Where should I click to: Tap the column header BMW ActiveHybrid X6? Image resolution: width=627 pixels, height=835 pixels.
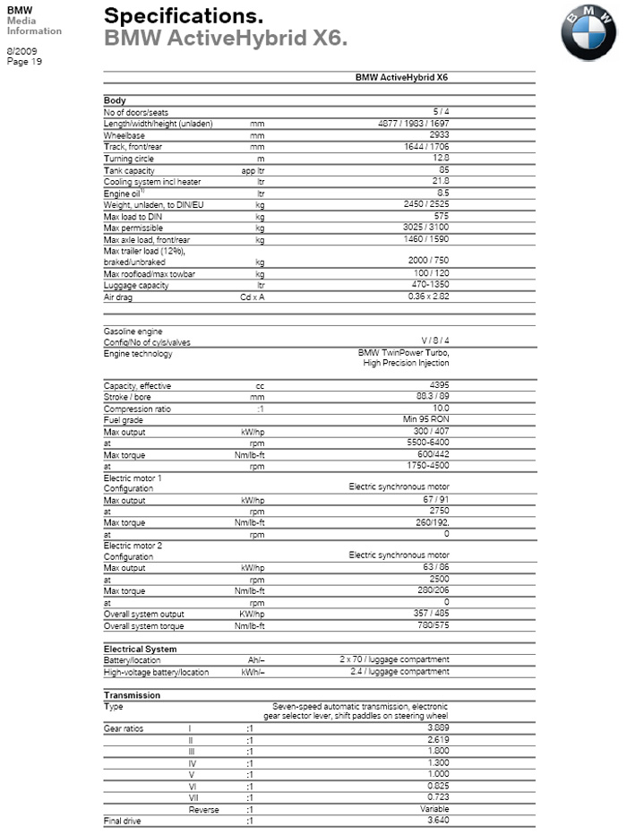tap(401, 78)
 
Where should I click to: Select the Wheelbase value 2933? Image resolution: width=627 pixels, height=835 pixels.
tap(440, 134)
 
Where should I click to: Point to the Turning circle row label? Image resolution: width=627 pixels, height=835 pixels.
tap(129, 158)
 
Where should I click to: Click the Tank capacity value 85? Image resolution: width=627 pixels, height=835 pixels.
tap(443, 169)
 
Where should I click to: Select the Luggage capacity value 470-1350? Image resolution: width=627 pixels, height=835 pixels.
tap(429, 285)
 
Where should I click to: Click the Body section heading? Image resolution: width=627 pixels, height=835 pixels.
tap(115, 100)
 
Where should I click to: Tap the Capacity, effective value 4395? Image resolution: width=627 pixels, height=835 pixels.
tap(440, 385)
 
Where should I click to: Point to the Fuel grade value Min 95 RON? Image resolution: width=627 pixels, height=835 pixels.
tap(425, 419)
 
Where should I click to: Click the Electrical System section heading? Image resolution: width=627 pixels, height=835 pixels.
tap(140, 649)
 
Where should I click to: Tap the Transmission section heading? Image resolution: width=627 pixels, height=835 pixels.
tap(132, 695)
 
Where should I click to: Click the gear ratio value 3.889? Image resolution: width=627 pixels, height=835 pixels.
tap(438, 728)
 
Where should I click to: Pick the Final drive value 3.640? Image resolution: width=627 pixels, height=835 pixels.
tap(438, 821)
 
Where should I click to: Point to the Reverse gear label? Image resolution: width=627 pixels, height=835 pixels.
tap(203, 809)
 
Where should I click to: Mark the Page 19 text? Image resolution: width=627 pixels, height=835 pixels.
tap(24, 61)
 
